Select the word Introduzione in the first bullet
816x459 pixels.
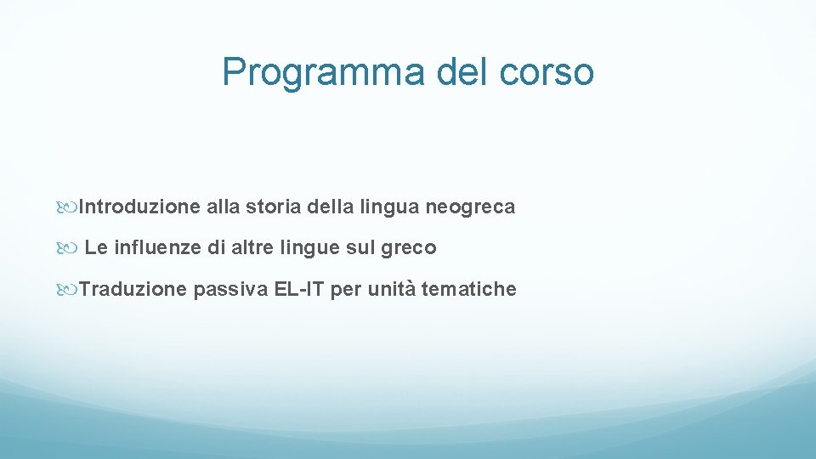click(139, 207)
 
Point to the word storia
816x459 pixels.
click(269, 207)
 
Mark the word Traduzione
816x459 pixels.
click(133, 289)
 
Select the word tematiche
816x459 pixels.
click(468, 289)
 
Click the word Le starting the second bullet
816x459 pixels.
click(96, 248)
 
